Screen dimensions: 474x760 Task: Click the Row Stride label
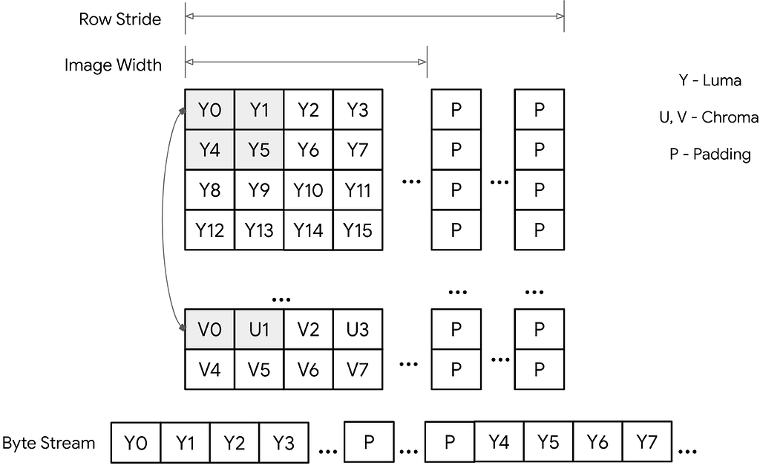coord(119,19)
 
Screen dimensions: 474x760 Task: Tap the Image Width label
coord(113,65)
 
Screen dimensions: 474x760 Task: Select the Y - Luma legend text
coord(710,81)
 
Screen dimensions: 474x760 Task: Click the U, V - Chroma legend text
coord(709,117)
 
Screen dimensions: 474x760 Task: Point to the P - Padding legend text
coord(710,155)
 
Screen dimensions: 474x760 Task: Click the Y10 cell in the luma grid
coord(308,190)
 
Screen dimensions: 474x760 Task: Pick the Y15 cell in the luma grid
coord(357,230)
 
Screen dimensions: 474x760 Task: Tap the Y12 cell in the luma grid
coord(210,230)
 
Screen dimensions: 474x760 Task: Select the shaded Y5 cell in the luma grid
coord(259,150)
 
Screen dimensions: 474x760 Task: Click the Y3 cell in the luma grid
coord(357,110)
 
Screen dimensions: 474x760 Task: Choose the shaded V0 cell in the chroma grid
coord(210,328)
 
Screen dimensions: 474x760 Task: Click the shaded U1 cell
coord(259,328)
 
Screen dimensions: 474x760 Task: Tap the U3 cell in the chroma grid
coord(357,328)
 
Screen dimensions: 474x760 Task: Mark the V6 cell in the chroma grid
coord(308,368)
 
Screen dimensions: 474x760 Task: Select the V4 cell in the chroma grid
coord(210,368)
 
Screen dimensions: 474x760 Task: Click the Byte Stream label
coord(49,444)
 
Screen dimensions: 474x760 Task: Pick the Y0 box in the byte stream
coord(136,444)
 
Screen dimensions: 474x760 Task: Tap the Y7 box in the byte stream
coord(647,444)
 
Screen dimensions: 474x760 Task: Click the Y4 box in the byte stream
coord(499,444)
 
